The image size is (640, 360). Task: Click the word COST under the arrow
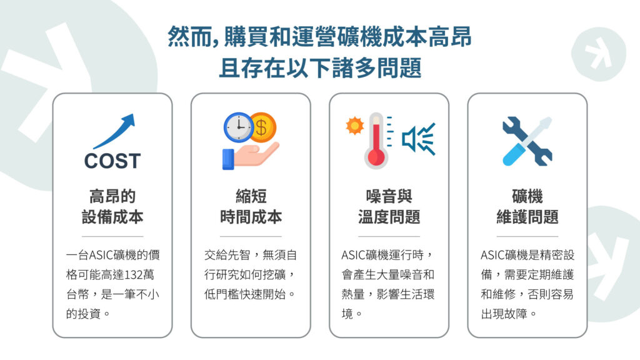(x=112, y=161)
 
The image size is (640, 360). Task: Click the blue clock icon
(x=238, y=127)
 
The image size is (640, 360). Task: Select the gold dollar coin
(x=263, y=127)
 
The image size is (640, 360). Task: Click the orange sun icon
(x=355, y=126)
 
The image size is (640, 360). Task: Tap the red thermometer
(x=376, y=141)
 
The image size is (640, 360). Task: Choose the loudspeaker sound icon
(x=418, y=139)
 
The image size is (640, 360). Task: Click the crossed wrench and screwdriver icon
(x=527, y=141)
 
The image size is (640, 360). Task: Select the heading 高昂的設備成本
(x=112, y=206)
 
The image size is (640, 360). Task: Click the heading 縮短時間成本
(x=251, y=206)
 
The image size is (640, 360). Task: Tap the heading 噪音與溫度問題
(x=389, y=206)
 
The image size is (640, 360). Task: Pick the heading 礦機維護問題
(x=527, y=206)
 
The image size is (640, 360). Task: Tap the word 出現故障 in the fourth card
(x=504, y=314)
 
